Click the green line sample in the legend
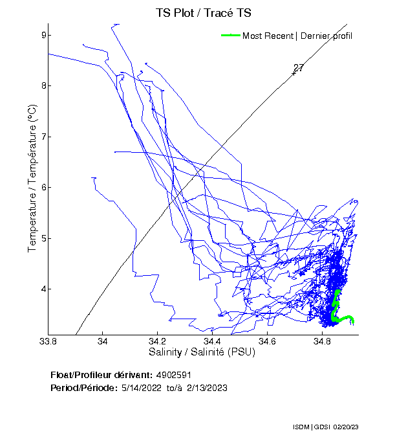coord(230,36)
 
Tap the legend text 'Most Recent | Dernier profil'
coord(297,36)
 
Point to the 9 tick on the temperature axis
coord(41,35)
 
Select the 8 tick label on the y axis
coord(41,85)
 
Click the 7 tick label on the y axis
coord(41,137)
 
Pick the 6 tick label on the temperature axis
coord(41,187)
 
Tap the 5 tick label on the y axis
coord(41,238)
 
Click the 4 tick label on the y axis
coord(41,289)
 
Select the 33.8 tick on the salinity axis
coord(48,341)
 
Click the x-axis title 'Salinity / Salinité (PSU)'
coord(202,353)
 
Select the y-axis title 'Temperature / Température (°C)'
coord(32,179)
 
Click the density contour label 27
coord(298,68)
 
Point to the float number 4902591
coord(174,375)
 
